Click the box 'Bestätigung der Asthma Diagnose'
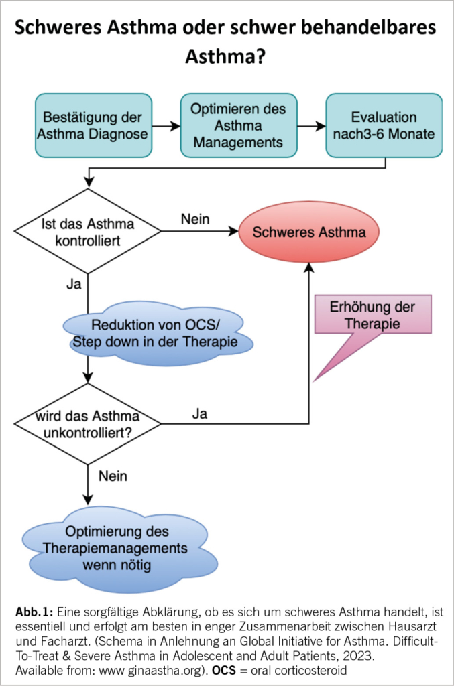point(92,125)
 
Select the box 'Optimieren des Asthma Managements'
point(239,125)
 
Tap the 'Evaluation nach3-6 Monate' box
point(384,125)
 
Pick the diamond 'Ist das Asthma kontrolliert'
point(88,231)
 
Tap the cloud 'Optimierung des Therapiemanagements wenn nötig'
point(120,548)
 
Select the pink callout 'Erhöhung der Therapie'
point(373,316)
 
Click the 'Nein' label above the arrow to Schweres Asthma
point(195,218)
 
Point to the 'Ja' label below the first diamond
point(74,283)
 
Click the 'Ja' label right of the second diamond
point(199,413)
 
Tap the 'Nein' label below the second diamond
point(113,476)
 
